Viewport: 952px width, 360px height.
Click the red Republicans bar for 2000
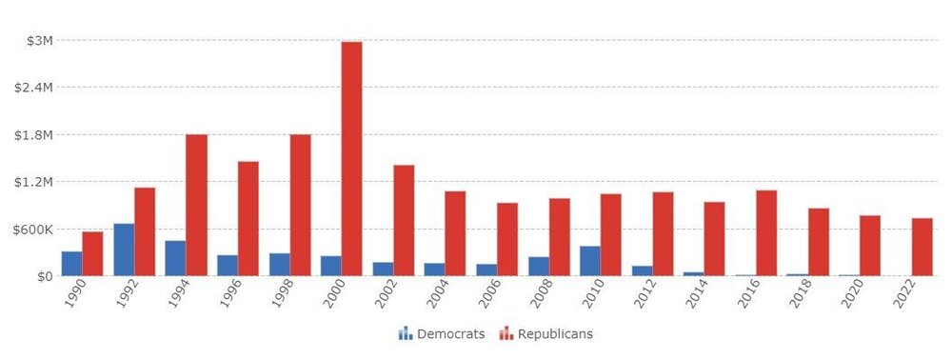click(x=351, y=159)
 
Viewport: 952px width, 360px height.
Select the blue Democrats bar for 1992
click(x=124, y=250)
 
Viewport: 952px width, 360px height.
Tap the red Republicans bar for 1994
click(x=196, y=205)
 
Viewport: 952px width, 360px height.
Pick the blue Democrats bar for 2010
click(x=590, y=261)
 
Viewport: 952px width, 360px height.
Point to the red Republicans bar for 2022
click(x=922, y=247)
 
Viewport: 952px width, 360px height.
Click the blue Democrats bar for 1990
click(x=72, y=264)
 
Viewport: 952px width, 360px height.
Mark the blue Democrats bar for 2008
click(x=539, y=266)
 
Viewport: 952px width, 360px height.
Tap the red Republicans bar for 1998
click(x=300, y=205)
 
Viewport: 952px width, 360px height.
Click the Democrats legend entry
click(x=442, y=333)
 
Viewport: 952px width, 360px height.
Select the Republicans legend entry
click(x=546, y=333)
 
